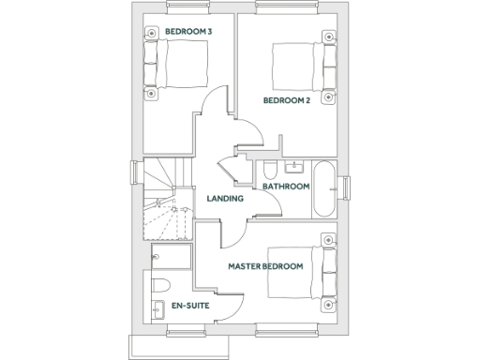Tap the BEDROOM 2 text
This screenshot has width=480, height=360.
point(286,100)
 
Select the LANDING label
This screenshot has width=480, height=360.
point(225,199)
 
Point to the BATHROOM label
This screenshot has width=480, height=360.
point(286,187)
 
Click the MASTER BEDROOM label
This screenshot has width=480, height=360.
point(266,266)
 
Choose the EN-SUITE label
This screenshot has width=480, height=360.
point(190,307)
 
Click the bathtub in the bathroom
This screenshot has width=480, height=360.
point(325,188)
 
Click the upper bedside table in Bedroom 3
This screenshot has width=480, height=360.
point(150,36)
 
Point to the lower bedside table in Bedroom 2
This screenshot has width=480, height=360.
point(327,96)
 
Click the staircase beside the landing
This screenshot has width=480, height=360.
point(165,202)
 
